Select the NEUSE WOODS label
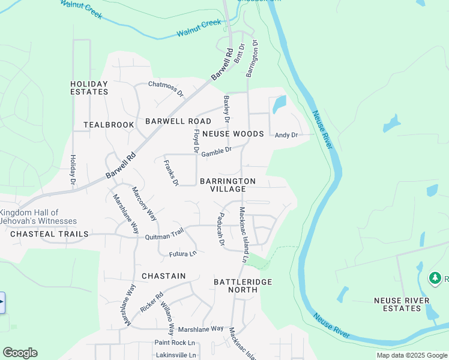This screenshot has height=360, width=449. tap(233, 134)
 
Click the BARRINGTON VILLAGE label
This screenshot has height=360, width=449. tap(228, 185)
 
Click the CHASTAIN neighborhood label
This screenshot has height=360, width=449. tap(163, 276)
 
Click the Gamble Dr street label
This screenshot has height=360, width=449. tap(217, 152)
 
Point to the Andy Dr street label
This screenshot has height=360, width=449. tap(286, 135)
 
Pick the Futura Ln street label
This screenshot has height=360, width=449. tap(182, 254)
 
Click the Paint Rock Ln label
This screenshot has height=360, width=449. tap(175, 343)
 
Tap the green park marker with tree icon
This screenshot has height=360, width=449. tap(435, 278)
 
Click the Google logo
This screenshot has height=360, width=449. tap(20, 353)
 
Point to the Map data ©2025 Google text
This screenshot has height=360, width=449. tap(411, 355)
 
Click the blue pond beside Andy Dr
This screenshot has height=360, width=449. tap(279, 105)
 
